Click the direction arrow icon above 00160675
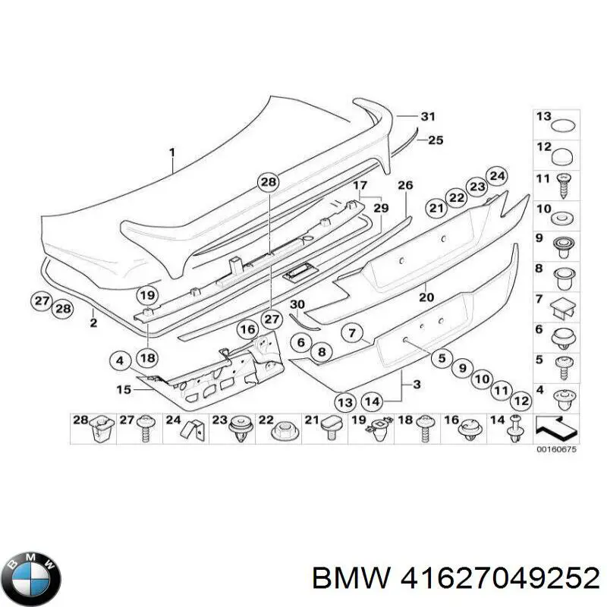tap(555, 429)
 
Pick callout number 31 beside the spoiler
tap(429, 116)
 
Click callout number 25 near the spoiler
tap(435, 140)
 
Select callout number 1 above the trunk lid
tap(172, 153)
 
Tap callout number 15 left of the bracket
tap(124, 389)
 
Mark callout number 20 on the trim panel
tap(426, 297)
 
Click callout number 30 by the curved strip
tap(297, 305)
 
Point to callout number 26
tap(404, 185)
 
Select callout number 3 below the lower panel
tap(415, 385)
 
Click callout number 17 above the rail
tap(360, 185)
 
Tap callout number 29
tap(381, 208)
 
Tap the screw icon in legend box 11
tap(565, 183)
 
